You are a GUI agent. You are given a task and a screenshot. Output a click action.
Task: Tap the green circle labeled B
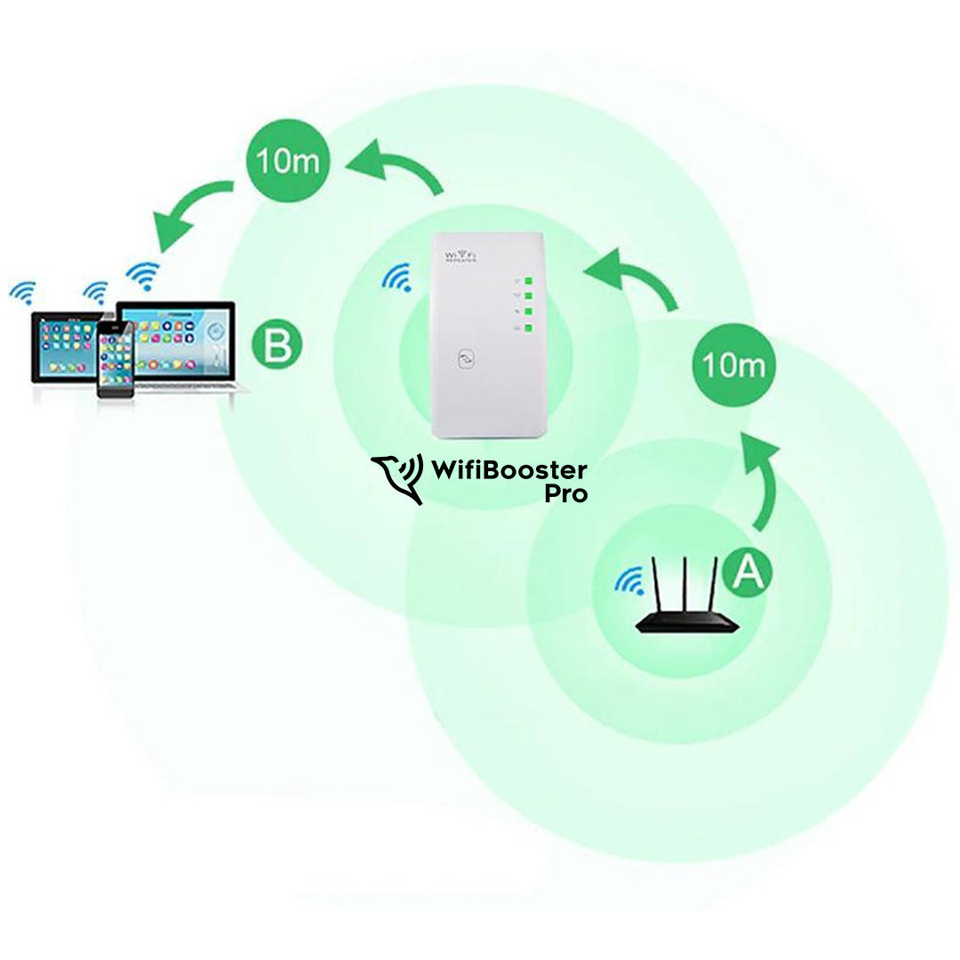click(277, 346)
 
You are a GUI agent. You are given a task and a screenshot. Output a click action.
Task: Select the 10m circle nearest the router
click(732, 365)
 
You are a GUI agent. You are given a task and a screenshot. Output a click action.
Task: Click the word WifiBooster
click(508, 469)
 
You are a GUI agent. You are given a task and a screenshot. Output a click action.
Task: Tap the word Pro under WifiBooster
click(565, 494)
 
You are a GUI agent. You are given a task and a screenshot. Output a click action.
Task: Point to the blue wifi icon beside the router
click(629, 581)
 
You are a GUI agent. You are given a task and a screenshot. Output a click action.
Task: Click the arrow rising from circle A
click(760, 480)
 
